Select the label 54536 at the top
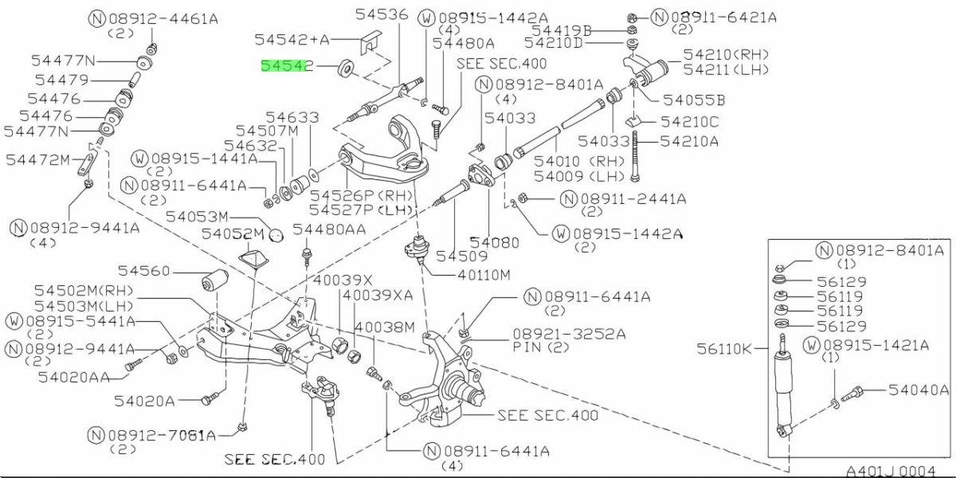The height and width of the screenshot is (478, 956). [381, 14]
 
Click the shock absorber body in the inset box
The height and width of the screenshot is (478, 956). [782, 390]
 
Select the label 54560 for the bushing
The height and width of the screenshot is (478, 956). [143, 272]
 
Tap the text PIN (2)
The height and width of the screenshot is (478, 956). [541, 348]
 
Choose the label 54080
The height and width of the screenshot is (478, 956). [494, 241]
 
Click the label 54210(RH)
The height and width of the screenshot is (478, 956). [725, 54]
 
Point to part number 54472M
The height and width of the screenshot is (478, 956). [38, 159]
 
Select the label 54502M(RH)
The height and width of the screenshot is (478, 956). [84, 292]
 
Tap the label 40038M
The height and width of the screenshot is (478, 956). [385, 327]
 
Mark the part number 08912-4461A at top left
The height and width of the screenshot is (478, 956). [155, 17]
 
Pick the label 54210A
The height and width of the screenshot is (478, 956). [689, 141]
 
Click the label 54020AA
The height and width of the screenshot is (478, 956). [74, 377]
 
